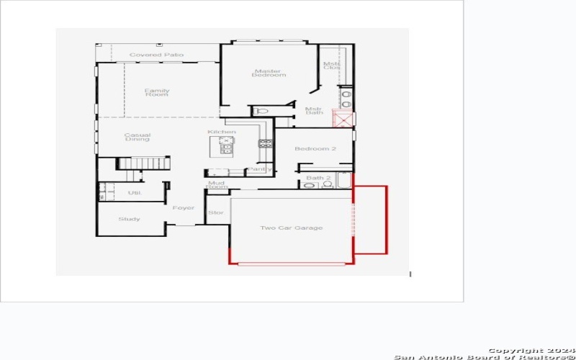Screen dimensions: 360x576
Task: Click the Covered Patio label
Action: (x=156, y=55)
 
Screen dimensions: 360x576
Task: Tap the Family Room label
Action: (x=156, y=92)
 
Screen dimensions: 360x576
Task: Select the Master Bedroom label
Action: (x=269, y=73)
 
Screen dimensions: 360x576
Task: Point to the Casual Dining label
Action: (x=137, y=137)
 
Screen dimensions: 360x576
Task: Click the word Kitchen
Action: (x=221, y=132)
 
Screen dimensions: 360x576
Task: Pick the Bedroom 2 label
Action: (x=315, y=149)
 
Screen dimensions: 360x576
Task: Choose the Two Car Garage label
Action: (x=291, y=228)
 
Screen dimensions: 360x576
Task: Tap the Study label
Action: (x=130, y=219)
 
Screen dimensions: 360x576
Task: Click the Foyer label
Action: (x=184, y=208)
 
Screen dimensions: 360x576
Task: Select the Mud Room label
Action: (x=217, y=185)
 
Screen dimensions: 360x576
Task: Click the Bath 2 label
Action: (x=318, y=178)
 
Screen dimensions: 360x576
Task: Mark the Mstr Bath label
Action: (x=315, y=110)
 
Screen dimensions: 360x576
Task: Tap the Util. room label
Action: (x=134, y=193)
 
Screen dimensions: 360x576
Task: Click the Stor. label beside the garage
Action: (x=216, y=212)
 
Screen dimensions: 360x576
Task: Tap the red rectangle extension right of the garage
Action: (x=371, y=220)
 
